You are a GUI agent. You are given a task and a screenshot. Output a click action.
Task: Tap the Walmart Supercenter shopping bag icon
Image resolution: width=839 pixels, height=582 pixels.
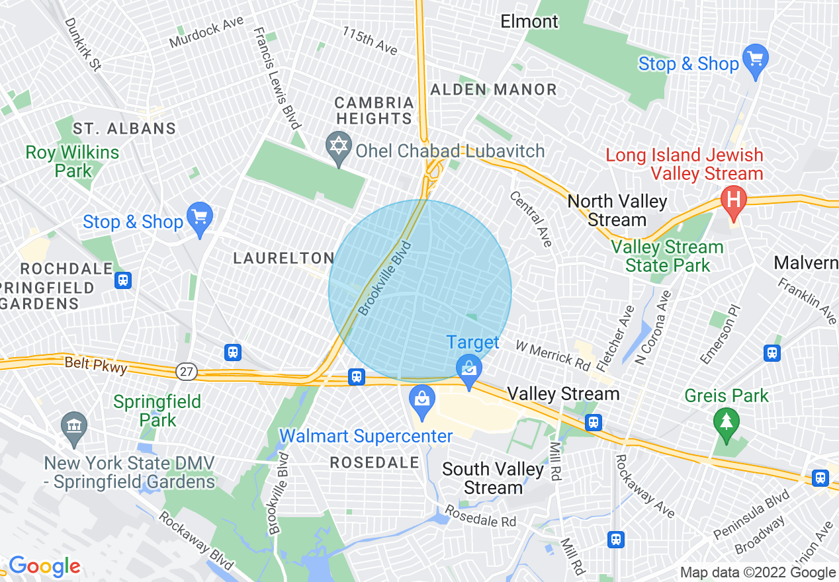421,399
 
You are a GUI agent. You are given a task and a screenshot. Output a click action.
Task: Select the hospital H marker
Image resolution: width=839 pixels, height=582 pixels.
733,198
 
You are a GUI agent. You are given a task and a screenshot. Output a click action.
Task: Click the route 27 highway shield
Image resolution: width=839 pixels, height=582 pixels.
187,372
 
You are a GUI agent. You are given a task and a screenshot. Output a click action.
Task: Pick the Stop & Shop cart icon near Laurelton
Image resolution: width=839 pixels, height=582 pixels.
199,216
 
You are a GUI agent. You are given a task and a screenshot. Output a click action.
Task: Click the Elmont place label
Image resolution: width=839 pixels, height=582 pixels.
529,22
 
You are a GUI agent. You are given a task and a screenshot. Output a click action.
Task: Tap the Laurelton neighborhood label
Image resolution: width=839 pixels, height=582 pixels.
284,259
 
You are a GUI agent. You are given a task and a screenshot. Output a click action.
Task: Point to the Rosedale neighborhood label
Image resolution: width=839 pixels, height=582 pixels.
375,462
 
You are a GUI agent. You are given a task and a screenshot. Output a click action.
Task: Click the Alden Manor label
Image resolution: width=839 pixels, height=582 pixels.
494,89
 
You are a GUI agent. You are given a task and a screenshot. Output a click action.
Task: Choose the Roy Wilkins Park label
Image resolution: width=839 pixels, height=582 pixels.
73,161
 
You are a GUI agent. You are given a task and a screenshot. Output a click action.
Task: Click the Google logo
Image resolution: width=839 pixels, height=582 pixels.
44,566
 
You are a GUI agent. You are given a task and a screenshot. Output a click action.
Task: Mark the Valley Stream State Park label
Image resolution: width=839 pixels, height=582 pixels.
667,257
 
